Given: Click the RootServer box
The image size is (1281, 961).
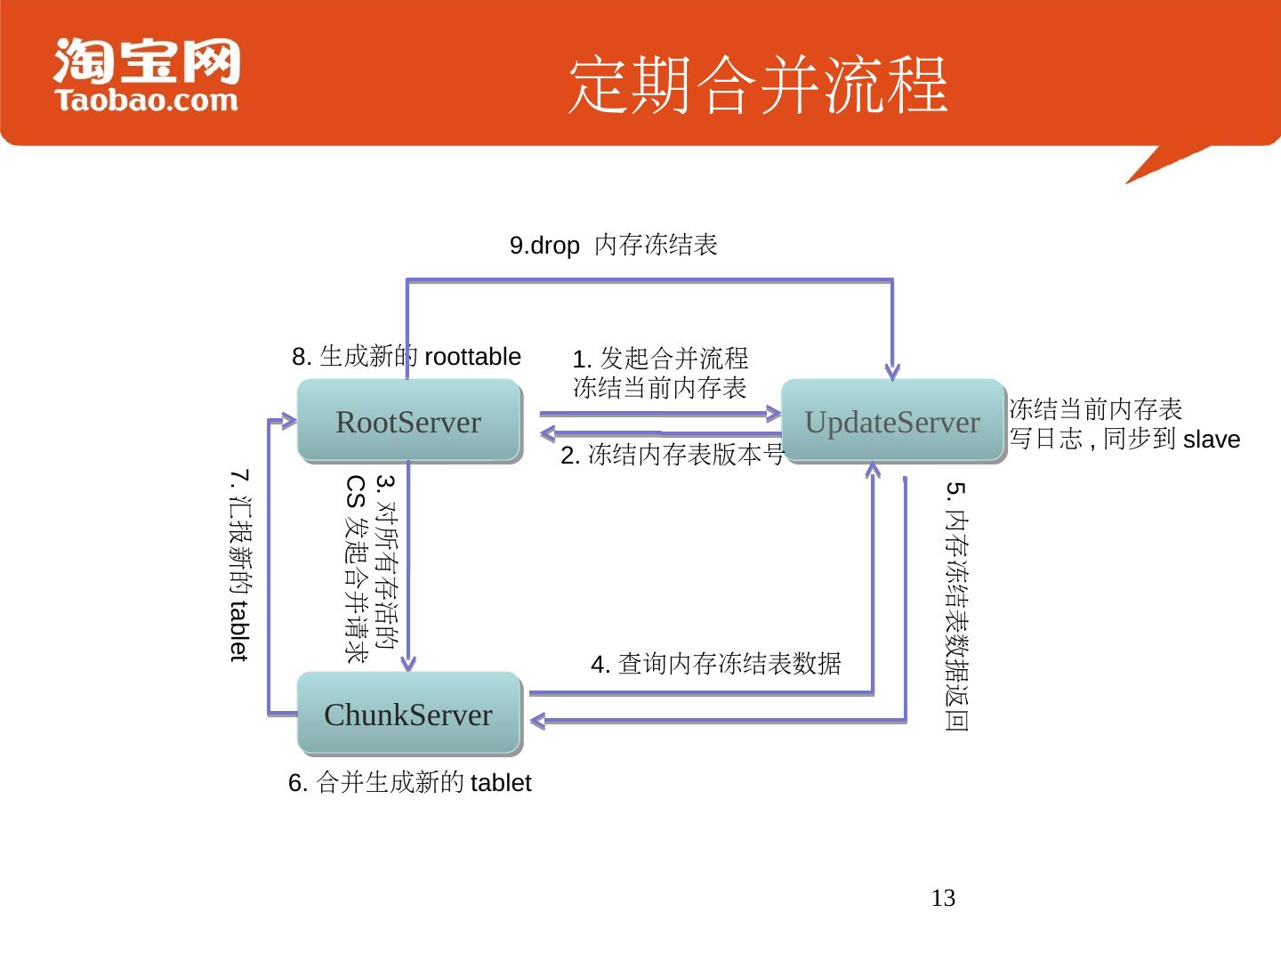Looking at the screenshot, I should (x=408, y=421).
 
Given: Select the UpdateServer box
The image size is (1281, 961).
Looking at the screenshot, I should (x=892, y=421).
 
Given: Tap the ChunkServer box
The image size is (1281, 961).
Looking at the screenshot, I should (x=408, y=714).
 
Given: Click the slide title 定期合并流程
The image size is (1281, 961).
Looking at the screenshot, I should (x=758, y=85).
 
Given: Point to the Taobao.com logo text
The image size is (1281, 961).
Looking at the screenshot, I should (x=147, y=100).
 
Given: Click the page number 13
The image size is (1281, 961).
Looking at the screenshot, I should (x=943, y=898).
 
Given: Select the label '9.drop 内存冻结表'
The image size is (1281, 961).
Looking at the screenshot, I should (x=613, y=245).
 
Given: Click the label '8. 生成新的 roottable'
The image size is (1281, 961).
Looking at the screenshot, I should (x=407, y=357).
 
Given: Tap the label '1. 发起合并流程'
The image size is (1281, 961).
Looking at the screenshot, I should (x=660, y=359).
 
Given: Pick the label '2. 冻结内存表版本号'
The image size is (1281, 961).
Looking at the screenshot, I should (x=673, y=456).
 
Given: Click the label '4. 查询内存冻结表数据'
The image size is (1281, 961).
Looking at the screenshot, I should (x=715, y=664).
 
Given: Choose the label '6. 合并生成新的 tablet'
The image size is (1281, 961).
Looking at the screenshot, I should (x=409, y=783).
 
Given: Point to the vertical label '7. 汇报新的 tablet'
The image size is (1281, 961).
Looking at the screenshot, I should (x=238, y=566).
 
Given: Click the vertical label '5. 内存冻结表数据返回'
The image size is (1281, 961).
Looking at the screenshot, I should (x=956, y=607).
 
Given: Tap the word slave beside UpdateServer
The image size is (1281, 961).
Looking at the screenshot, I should (x=1212, y=440).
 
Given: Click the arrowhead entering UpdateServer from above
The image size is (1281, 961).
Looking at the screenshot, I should (x=892, y=372).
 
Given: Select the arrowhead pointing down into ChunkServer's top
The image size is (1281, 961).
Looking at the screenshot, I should (x=408, y=662).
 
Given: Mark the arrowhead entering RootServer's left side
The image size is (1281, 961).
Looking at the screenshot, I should (x=288, y=421).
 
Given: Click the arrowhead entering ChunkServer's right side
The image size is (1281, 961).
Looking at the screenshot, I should (x=537, y=719).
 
